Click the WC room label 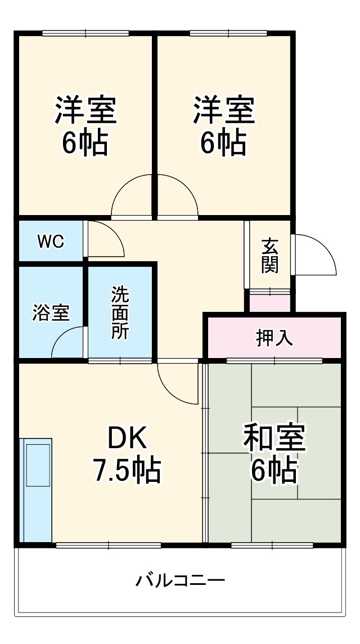(x=51, y=241)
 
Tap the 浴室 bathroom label (x=51, y=313)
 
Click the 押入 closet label (x=274, y=338)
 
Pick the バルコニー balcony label (x=180, y=579)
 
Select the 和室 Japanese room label (x=274, y=439)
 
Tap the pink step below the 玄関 (x=270, y=302)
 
